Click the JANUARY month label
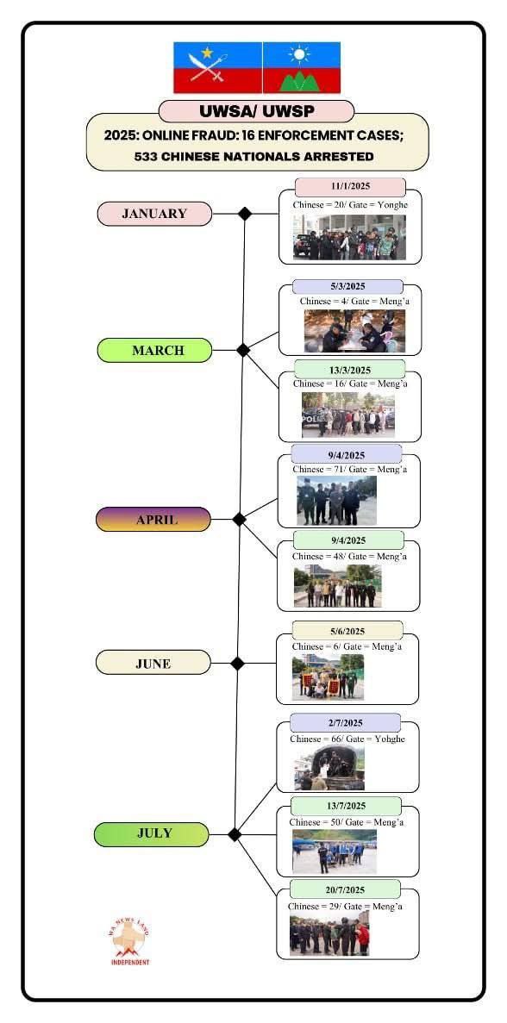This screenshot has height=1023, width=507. coord(154,214)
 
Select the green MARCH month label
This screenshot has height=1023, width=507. coord(154,351)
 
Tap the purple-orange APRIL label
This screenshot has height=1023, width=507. coord(153,520)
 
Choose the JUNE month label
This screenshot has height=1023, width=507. coord(153,663)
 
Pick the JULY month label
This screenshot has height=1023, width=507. coord(152,834)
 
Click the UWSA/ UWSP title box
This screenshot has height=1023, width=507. coord(256,111)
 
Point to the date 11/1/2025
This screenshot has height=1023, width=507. coord(350,187)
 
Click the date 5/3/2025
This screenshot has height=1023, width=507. coord(347,286)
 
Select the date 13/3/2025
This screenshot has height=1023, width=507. coord(350,369)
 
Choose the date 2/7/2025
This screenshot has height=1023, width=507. coord(345,722)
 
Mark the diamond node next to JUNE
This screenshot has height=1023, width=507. coord(237,663)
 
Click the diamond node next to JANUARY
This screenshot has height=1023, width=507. coord(245,214)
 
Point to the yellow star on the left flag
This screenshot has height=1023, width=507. coord(208,53)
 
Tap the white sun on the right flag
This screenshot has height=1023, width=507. coord(300,54)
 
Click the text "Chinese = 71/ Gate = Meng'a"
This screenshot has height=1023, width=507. coord(350,470)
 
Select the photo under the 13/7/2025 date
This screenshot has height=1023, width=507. coord(334,852)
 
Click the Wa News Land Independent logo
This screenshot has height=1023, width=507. coord(130,941)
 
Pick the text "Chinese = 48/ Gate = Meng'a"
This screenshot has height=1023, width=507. coord(349,557)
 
